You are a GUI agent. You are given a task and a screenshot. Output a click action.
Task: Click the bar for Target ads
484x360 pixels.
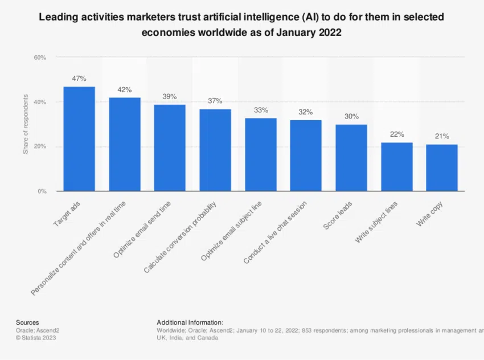79,139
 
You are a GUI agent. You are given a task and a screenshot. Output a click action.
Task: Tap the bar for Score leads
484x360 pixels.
351,158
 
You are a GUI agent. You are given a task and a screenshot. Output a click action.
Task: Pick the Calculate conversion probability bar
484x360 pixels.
215,150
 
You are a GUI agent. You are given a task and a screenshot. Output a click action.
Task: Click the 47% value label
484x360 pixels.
79,79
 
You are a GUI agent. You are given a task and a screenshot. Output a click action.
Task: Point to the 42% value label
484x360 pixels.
125,90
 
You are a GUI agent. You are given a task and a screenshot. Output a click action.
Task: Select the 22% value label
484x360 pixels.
397,134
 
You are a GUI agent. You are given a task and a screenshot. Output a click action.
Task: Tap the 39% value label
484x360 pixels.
170,97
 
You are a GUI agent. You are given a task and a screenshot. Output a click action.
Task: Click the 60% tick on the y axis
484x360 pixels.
39,58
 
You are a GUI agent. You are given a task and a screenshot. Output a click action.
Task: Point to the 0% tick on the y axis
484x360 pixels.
42,191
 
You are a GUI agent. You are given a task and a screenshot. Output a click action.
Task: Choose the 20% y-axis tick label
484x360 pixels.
39,147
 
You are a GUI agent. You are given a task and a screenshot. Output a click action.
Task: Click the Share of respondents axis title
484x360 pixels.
25,125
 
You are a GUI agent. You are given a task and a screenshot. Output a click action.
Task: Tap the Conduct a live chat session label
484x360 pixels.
275,232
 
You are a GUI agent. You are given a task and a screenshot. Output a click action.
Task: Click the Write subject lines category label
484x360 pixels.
376,222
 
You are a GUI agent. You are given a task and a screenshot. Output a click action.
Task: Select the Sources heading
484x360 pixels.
27,322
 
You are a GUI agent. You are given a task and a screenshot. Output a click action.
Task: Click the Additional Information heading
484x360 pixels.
190,322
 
